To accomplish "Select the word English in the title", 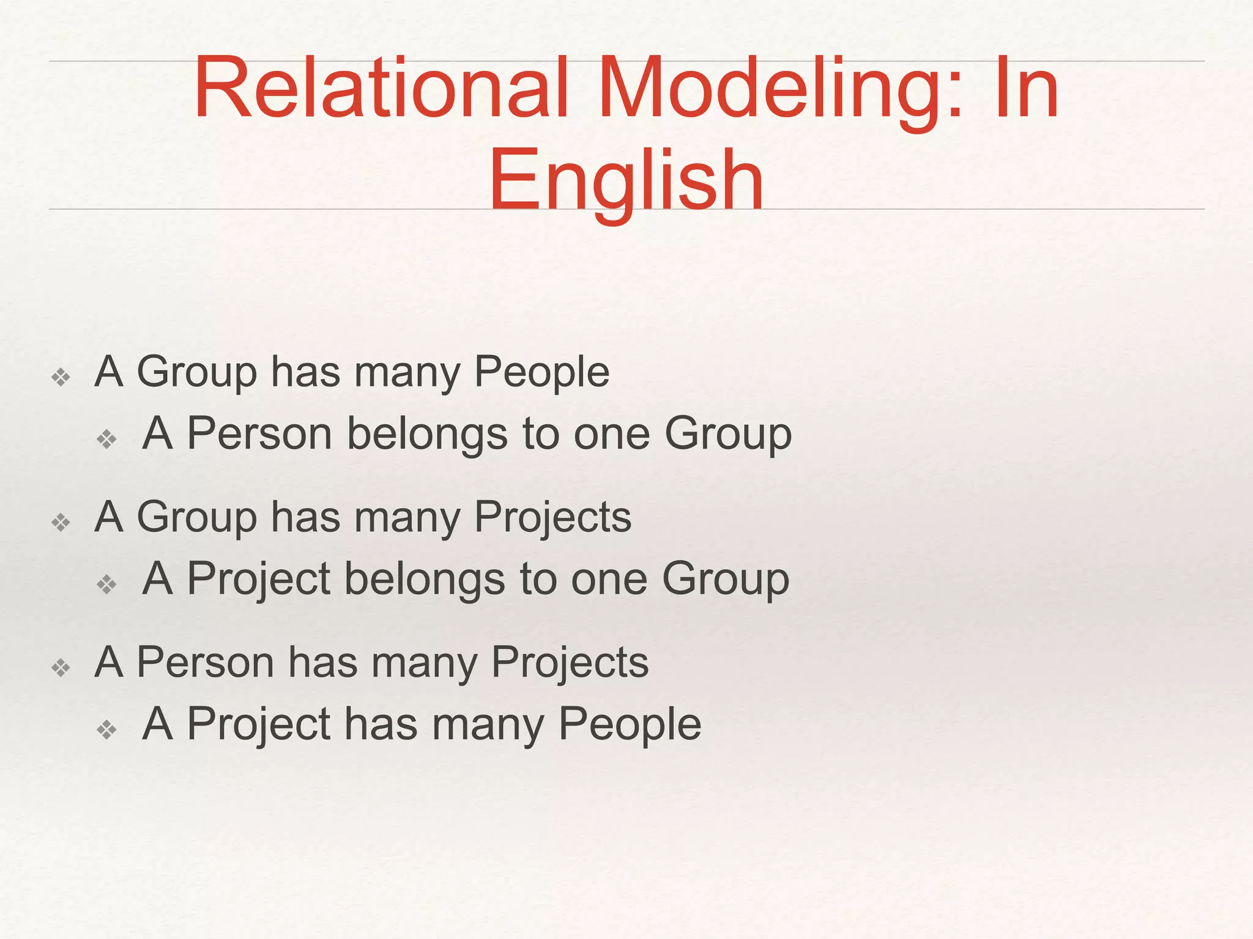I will click(x=626, y=180).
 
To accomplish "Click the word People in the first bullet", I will click(x=541, y=372).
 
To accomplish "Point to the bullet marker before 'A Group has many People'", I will click(x=61, y=377).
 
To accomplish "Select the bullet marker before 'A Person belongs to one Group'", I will click(x=106, y=439).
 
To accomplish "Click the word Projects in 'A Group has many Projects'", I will click(x=552, y=518).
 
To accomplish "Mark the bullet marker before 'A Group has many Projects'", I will click(x=61, y=523).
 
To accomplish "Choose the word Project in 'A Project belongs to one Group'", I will click(x=258, y=579).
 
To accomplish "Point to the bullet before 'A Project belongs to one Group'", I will click(x=106, y=584).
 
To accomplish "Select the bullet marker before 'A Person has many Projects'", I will click(x=61, y=668).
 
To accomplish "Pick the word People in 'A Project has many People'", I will click(x=630, y=724).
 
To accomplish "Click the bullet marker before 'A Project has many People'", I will click(x=106, y=729).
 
